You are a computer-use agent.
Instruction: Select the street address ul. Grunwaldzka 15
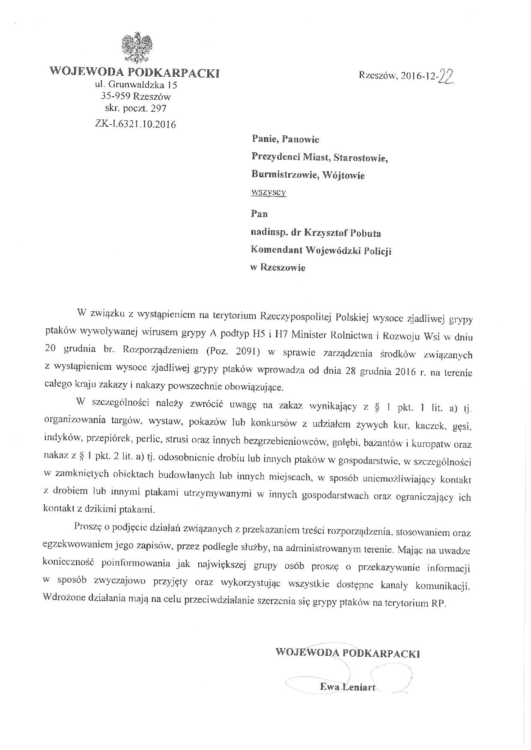tap(136, 85)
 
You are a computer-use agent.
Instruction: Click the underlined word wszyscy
tap(268, 192)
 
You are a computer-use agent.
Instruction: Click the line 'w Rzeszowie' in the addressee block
tap(278, 268)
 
